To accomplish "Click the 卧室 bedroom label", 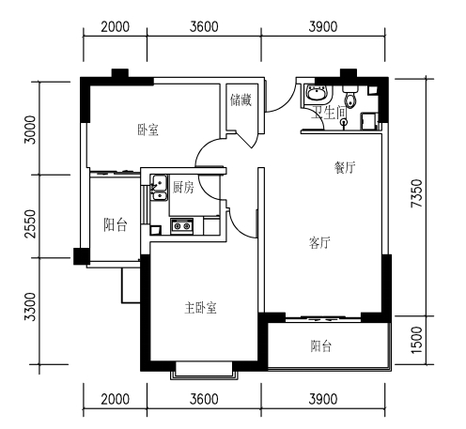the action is (x=148, y=130).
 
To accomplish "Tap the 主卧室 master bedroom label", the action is (x=200, y=308).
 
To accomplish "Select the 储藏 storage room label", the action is (x=241, y=100).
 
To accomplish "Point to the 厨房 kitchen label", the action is (x=183, y=187).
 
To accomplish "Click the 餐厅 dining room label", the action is (x=345, y=167).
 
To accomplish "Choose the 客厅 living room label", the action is (x=319, y=242).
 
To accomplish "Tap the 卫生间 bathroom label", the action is (x=328, y=112).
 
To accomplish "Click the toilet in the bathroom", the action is (x=350, y=97).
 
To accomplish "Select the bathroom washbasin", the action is (x=317, y=92).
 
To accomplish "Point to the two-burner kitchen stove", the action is (x=182, y=226).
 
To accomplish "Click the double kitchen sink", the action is (x=160, y=188).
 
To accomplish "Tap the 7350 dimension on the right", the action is (x=417, y=193).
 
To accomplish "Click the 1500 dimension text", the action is (x=417, y=340).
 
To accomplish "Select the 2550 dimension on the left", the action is (x=30, y=223).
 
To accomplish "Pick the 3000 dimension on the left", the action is (x=30, y=130).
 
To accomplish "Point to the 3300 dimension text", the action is (x=30, y=307).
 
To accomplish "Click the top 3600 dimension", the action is (x=204, y=26).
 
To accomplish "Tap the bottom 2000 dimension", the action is (x=115, y=399).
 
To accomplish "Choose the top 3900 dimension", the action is (x=323, y=26).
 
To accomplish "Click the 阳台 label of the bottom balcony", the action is (x=321, y=346).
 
